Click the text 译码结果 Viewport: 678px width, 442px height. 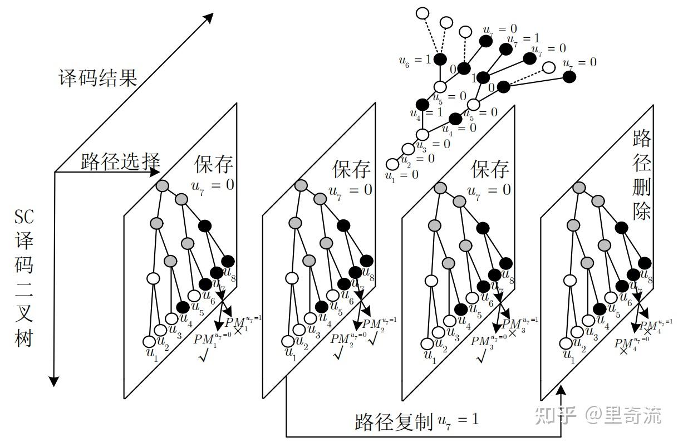(x=97, y=77)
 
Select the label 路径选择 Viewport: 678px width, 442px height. (x=120, y=161)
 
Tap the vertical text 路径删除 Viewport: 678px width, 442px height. (x=642, y=176)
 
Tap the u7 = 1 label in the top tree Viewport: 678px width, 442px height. (x=523, y=39)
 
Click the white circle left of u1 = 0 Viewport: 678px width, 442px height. (x=393, y=164)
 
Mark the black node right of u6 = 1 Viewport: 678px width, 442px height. (x=440, y=58)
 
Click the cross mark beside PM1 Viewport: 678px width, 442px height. (x=238, y=331)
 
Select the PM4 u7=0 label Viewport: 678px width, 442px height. (x=631, y=341)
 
